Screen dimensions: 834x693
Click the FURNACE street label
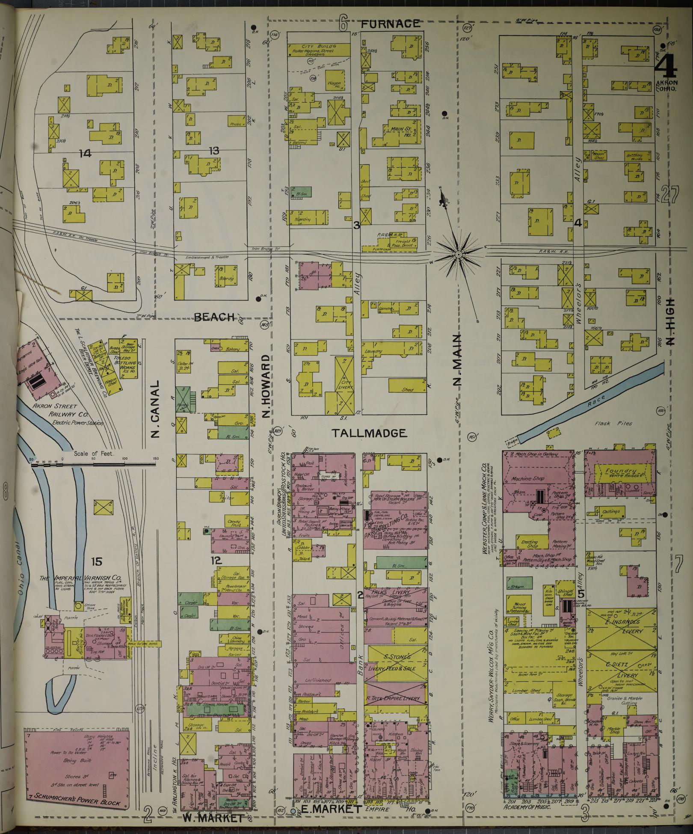pyautogui.click(x=390, y=24)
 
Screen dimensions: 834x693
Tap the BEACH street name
pyautogui.click(x=214, y=317)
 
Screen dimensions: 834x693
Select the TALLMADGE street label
pyautogui.click(x=369, y=433)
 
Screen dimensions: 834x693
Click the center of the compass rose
pyautogui.click(x=458, y=255)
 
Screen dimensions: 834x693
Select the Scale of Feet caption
pyautogui.click(x=93, y=454)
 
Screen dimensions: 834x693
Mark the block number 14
pyautogui.click(x=85, y=153)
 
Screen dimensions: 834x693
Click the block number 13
pyautogui.click(x=213, y=150)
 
